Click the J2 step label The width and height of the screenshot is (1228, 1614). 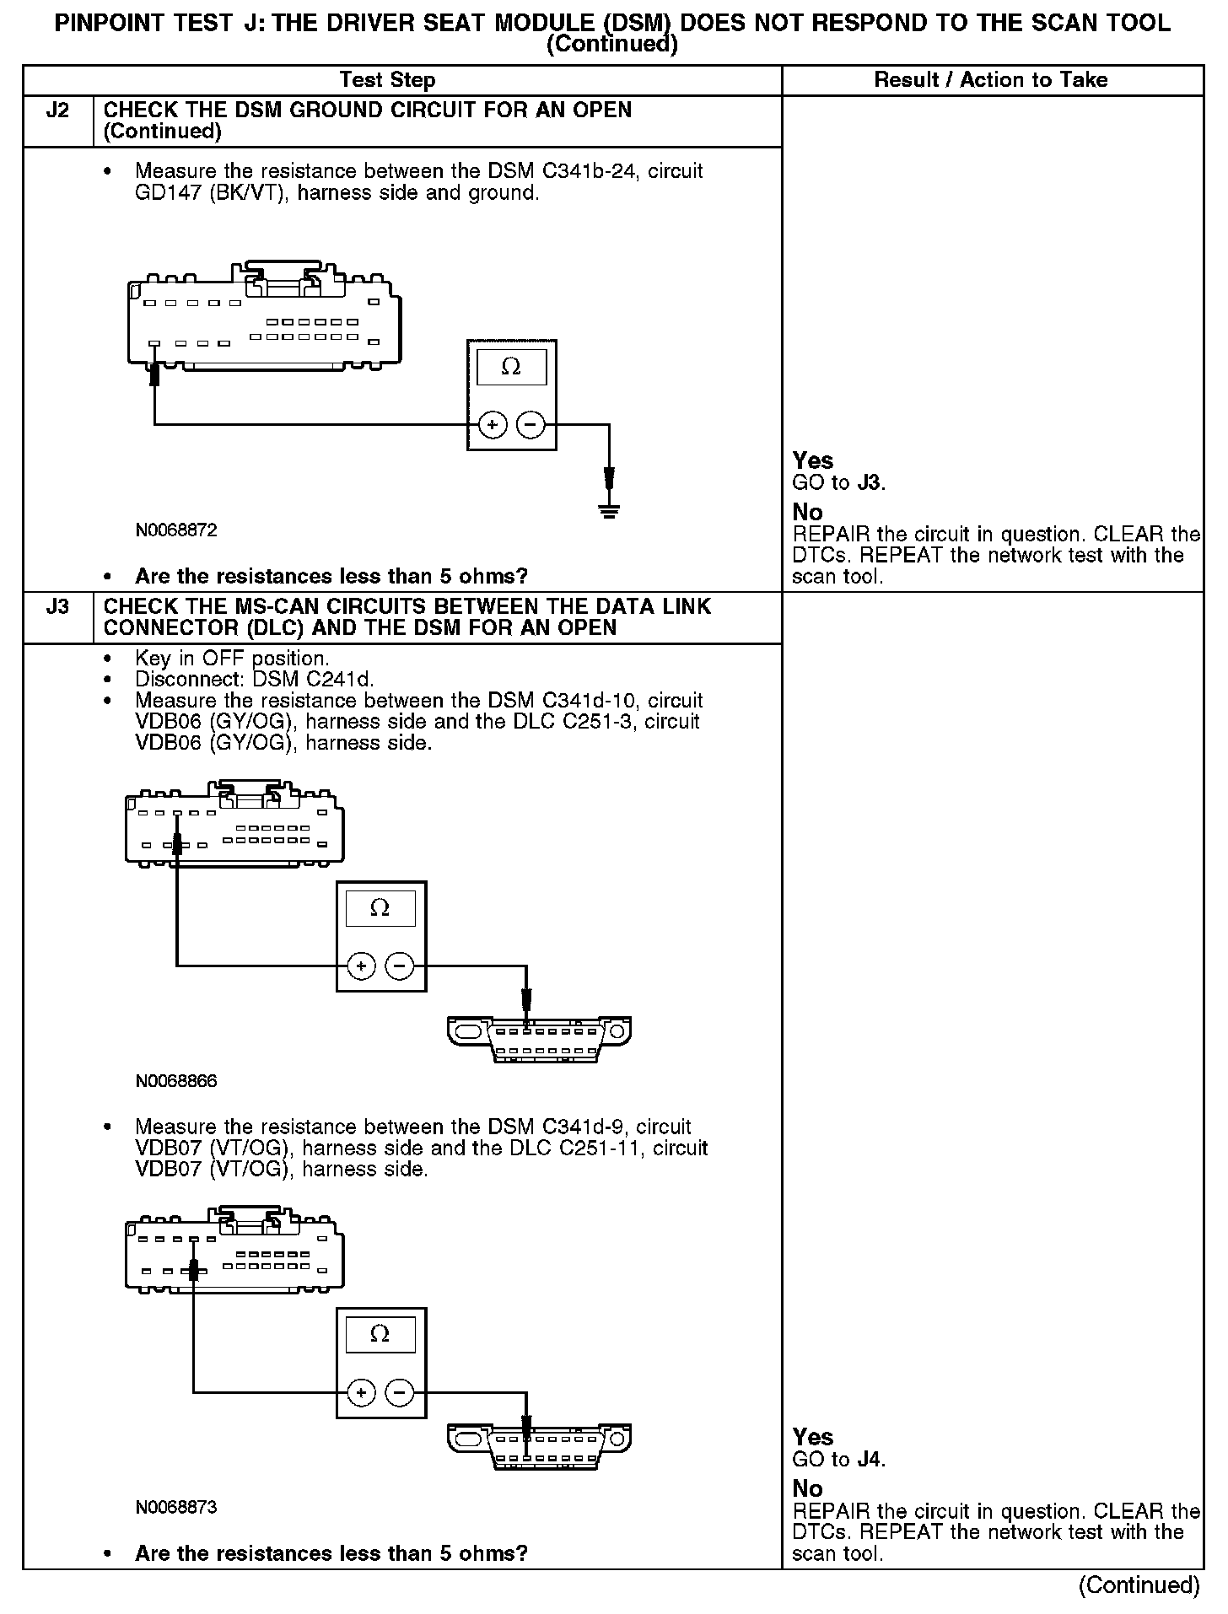(57, 110)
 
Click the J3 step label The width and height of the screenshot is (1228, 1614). (57, 606)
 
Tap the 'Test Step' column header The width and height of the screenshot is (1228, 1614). (387, 80)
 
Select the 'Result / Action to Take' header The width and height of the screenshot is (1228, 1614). (991, 80)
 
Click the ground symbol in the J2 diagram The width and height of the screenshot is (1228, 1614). (609, 509)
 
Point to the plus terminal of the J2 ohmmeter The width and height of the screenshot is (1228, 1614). (493, 425)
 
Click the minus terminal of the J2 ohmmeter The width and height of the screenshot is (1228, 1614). (531, 425)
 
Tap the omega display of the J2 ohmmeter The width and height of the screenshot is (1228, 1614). (511, 368)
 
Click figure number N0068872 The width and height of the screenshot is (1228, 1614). (176, 530)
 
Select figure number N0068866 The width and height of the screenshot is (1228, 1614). (176, 1081)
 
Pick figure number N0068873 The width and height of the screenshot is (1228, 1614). (176, 1507)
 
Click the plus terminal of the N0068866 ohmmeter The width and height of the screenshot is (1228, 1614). (361, 966)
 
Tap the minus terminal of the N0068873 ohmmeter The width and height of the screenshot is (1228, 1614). (400, 1392)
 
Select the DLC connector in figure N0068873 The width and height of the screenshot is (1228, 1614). (539, 1448)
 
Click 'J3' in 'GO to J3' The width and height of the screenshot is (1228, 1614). (870, 483)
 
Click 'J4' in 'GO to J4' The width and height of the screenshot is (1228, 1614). (870, 1460)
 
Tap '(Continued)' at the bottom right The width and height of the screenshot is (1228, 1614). (1139, 1585)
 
